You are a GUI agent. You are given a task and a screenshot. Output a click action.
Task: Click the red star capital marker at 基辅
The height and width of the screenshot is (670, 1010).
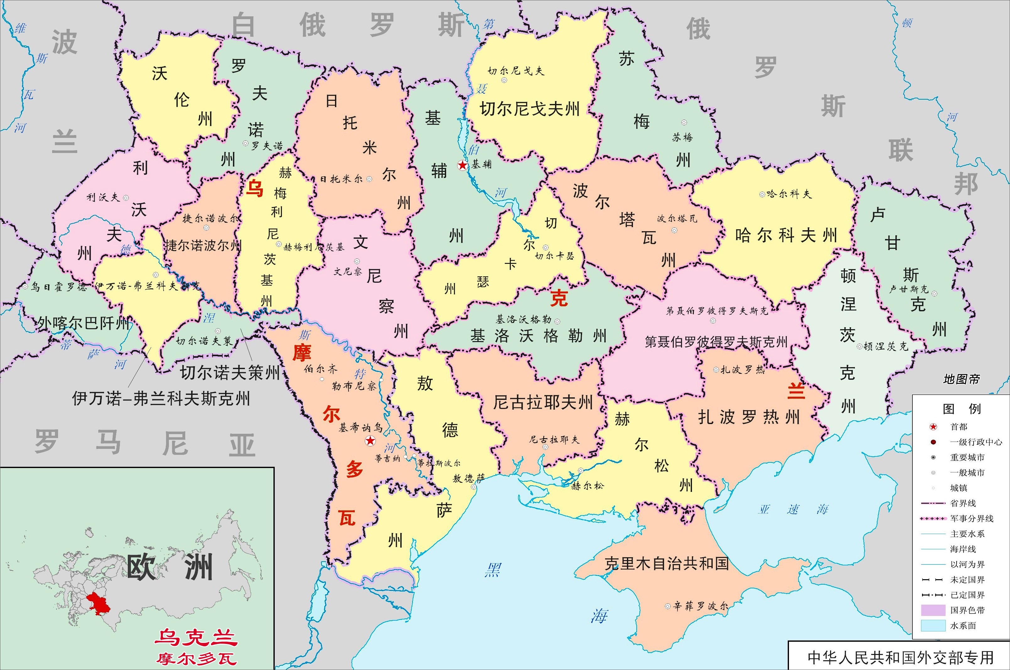(x=462, y=165)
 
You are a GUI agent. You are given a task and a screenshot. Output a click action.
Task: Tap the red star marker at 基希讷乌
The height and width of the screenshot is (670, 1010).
(x=370, y=441)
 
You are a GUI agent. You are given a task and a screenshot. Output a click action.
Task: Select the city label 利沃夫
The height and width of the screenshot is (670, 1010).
(x=103, y=197)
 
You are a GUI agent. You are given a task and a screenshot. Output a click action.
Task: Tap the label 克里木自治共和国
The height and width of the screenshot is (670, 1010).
(x=666, y=564)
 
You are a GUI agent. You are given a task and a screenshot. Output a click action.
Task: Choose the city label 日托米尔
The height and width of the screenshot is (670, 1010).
(x=341, y=179)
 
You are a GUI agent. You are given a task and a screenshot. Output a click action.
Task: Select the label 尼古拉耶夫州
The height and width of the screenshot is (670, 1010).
(x=543, y=402)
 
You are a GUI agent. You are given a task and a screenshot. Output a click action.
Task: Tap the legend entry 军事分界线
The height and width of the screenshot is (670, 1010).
(x=972, y=518)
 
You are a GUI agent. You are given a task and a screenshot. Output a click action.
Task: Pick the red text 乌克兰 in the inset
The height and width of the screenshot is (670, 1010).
(x=196, y=638)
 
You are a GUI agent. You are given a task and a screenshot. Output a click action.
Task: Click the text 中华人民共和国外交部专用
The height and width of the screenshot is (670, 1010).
(x=900, y=657)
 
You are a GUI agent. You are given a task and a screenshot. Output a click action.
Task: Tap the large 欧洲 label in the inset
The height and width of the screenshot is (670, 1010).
(x=170, y=568)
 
